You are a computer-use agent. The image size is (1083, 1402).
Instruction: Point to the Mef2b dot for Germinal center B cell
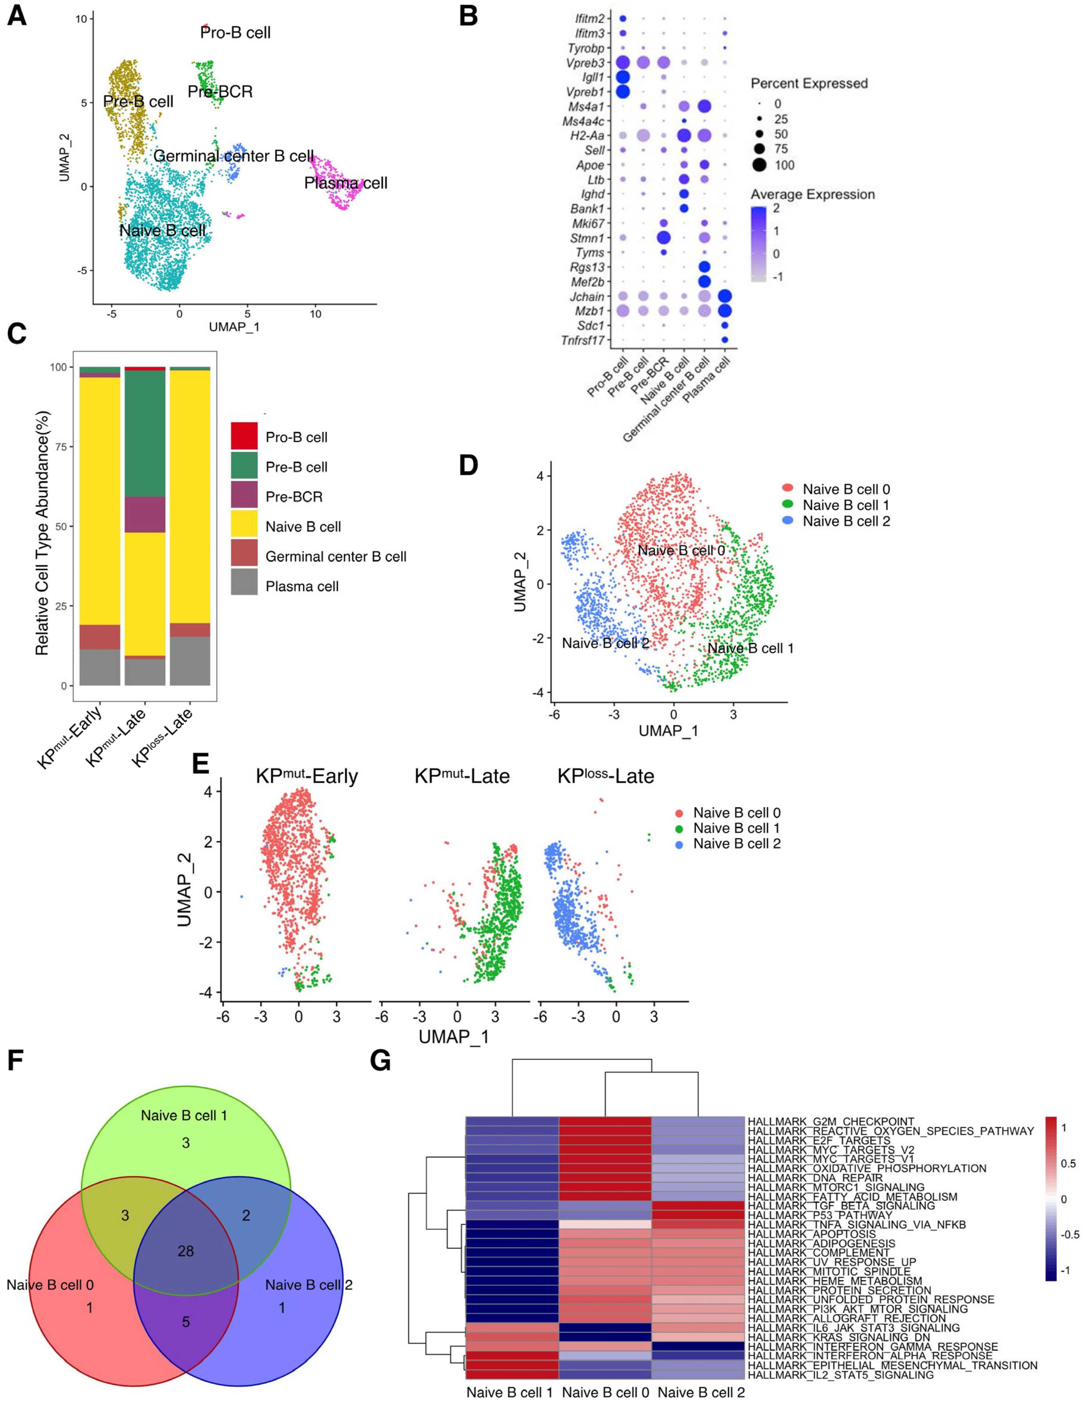coord(704,281)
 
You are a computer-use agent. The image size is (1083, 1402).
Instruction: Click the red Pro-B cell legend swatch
coord(244,436)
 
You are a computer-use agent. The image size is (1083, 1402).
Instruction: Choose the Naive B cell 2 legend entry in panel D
coord(846,521)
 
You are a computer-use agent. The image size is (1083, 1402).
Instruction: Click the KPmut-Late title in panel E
coord(462,776)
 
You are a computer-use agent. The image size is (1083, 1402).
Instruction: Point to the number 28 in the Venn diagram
coord(185,1250)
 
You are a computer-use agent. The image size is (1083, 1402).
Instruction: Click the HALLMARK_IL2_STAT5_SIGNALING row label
coord(841,1375)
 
